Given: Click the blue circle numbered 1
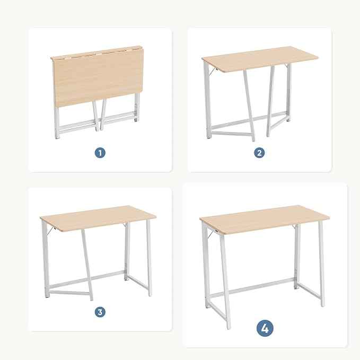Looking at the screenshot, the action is [100, 153].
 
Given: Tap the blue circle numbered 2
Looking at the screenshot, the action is [259, 153].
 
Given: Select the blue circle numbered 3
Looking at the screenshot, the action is [100, 312].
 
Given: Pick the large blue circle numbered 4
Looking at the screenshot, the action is [265, 328].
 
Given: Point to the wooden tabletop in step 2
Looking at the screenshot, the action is [260, 59].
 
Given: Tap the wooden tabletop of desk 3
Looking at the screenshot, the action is [98, 218].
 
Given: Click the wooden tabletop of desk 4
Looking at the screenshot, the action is [265, 220].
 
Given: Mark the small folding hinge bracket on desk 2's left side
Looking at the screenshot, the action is [213, 71].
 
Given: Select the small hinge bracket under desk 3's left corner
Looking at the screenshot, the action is [51, 231].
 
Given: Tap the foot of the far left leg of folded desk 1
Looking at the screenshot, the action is [57, 137].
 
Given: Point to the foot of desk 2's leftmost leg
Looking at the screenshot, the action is [209, 137].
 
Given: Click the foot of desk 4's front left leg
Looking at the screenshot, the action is [229, 327].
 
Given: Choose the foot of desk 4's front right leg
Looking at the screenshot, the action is [323, 304].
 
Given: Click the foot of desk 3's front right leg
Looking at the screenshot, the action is [150, 294].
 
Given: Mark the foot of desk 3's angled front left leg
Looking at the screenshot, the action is [92, 298].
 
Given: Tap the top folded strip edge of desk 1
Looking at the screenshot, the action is [96, 52].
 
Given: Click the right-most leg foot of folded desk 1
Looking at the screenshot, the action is [136, 119].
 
